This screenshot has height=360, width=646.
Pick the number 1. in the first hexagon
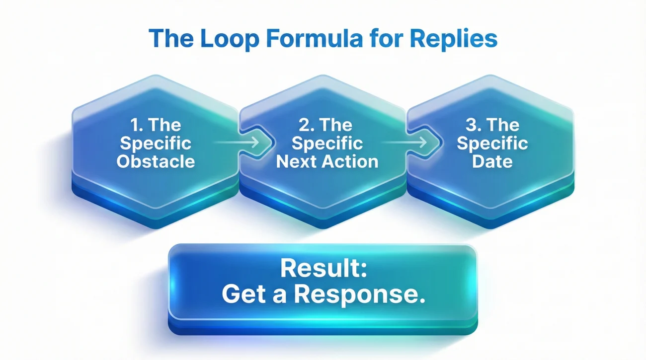(136, 124)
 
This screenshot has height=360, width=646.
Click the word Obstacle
(156, 161)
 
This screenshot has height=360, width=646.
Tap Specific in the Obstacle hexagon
(156, 143)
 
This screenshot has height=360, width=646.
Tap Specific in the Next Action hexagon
(327, 143)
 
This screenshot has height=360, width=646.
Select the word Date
(492, 161)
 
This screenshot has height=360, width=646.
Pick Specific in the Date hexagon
(492, 143)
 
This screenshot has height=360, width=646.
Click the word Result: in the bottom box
(323, 269)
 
